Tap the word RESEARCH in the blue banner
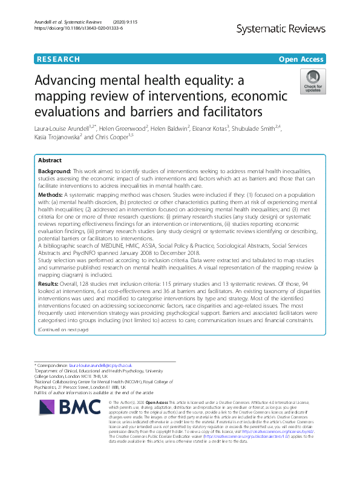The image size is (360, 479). [58, 59]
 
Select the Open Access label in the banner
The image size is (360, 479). [301, 59]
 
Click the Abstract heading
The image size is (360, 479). [50, 162]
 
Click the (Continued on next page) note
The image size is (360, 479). [63, 329]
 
